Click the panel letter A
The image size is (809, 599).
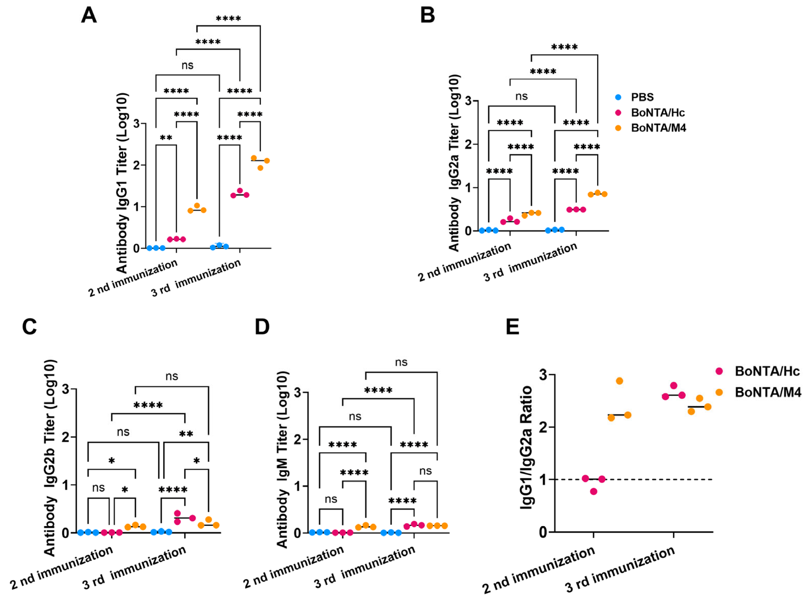pyautogui.click(x=89, y=15)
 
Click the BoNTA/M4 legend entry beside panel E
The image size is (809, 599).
pyautogui.click(x=767, y=392)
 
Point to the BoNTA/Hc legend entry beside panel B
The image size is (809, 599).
pyautogui.click(x=657, y=113)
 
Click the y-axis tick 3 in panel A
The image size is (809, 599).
pyautogui.click(x=136, y=124)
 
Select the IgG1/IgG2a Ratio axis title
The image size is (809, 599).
pyautogui.click(x=526, y=448)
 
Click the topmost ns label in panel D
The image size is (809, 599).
pyautogui.click(x=401, y=362)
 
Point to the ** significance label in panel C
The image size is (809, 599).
pyautogui.click(x=186, y=434)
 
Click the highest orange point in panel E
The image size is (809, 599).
pyautogui.click(x=619, y=381)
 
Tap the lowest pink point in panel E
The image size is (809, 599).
pyautogui.click(x=593, y=491)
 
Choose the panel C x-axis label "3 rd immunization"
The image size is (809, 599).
pyautogui.click(x=134, y=568)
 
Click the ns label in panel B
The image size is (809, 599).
pyautogui.click(x=521, y=96)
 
